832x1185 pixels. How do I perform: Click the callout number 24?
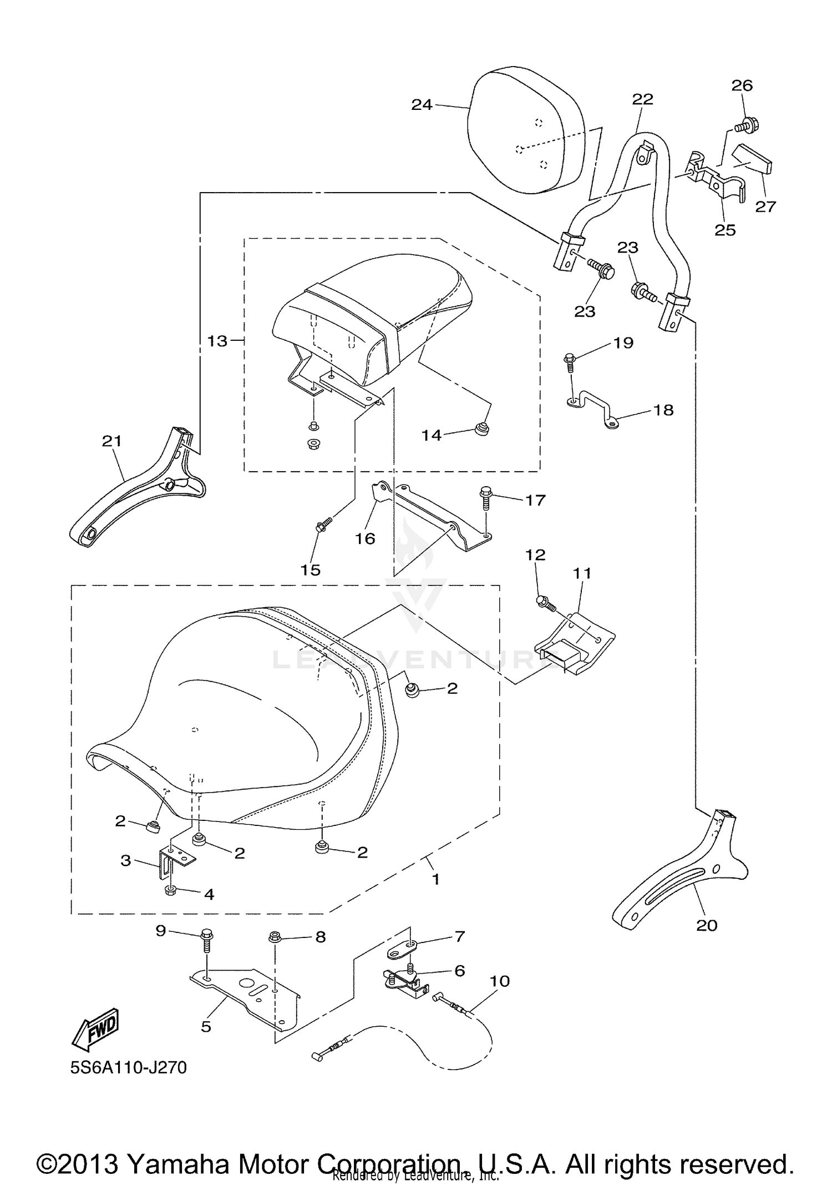[x=422, y=104]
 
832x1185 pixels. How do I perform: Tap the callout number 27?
[x=765, y=206]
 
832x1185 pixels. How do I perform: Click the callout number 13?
[x=217, y=341]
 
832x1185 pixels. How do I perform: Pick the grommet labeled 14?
[x=481, y=428]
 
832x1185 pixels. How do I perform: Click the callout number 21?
[x=111, y=441]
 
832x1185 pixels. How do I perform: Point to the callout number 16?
[x=366, y=538]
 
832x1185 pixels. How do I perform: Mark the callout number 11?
[x=583, y=573]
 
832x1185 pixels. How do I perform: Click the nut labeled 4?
[x=171, y=890]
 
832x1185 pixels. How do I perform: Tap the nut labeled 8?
[x=274, y=937]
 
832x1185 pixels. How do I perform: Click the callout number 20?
[x=707, y=925]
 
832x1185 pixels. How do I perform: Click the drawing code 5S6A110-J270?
[x=129, y=1067]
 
